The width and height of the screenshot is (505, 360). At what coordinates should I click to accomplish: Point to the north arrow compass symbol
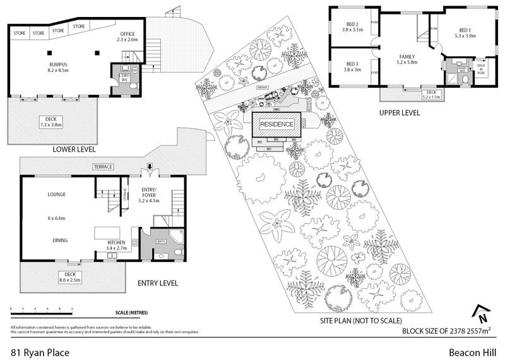tap(482, 311)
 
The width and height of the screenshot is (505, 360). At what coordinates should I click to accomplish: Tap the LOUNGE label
tap(56, 195)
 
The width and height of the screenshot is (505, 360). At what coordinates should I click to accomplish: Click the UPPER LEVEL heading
tap(400, 113)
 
